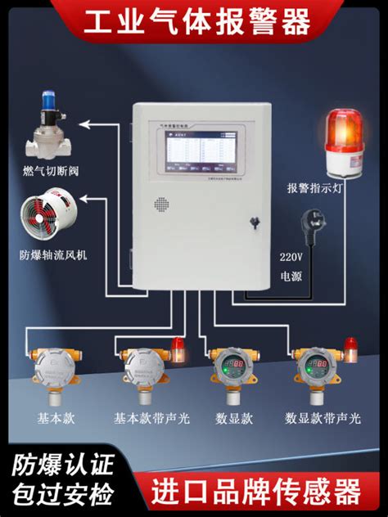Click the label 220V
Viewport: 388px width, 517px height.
pyautogui.click(x=291, y=256)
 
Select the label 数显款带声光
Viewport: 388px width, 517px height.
pyautogui.click(x=324, y=418)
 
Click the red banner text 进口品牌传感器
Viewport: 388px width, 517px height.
pyautogui.click(x=256, y=491)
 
